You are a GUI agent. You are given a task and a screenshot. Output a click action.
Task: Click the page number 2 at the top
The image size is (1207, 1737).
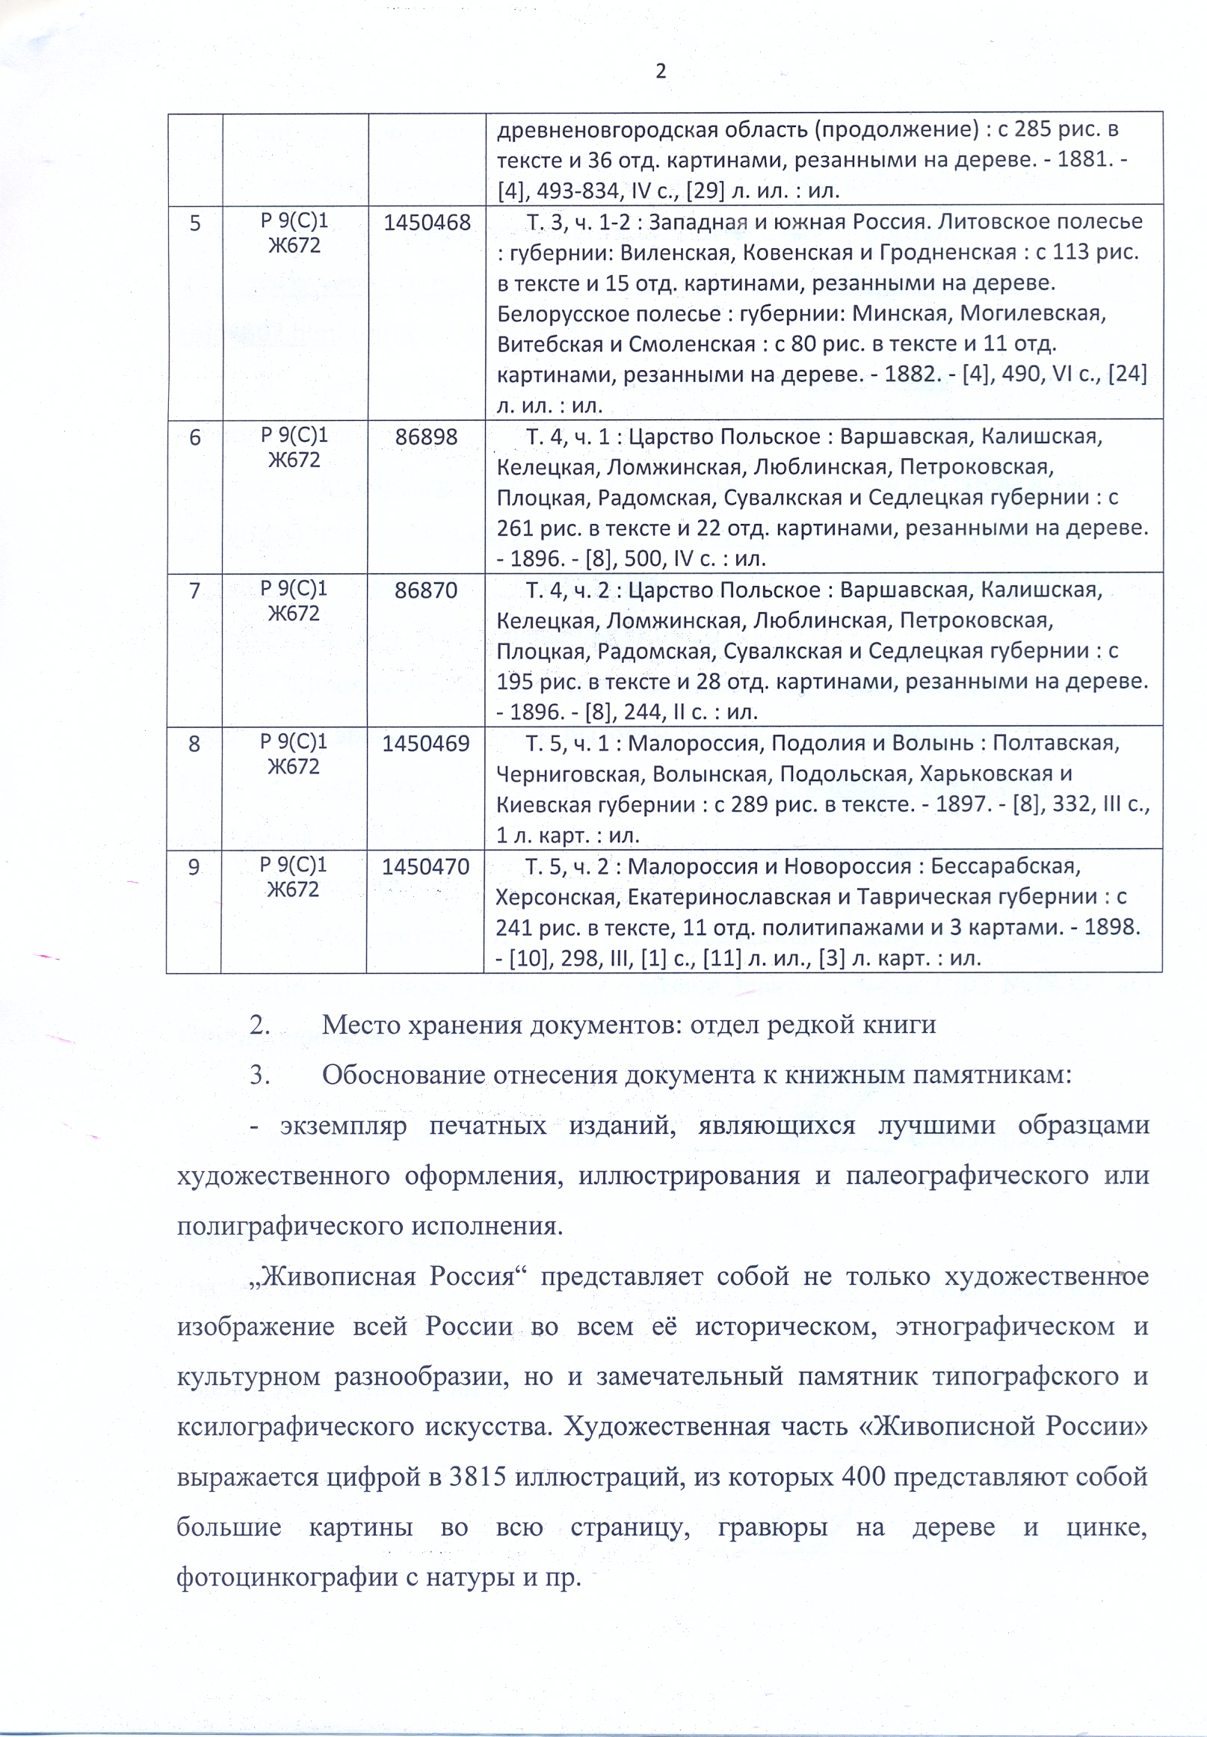tap(660, 71)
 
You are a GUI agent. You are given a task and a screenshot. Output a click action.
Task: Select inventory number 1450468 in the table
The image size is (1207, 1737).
tap(427, 222)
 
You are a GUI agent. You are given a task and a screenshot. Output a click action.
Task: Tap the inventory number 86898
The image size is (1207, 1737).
tap(427, 437)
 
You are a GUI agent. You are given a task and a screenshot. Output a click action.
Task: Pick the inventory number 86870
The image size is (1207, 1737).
tap(426, 590)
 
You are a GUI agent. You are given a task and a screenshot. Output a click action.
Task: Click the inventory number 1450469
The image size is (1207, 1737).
tap(426, 744)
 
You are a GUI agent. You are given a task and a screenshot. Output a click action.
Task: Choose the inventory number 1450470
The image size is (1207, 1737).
tap(425, 866)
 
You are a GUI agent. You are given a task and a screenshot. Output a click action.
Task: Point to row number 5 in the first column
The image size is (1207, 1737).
tap(195, 223)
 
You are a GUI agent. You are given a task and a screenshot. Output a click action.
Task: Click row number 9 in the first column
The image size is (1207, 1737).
tap(194, 867)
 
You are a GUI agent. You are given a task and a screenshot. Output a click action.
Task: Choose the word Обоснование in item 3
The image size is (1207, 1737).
tap(403, 1075)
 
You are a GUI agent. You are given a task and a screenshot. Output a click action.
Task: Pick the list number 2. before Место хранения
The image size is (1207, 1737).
tap(260, 1025)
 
